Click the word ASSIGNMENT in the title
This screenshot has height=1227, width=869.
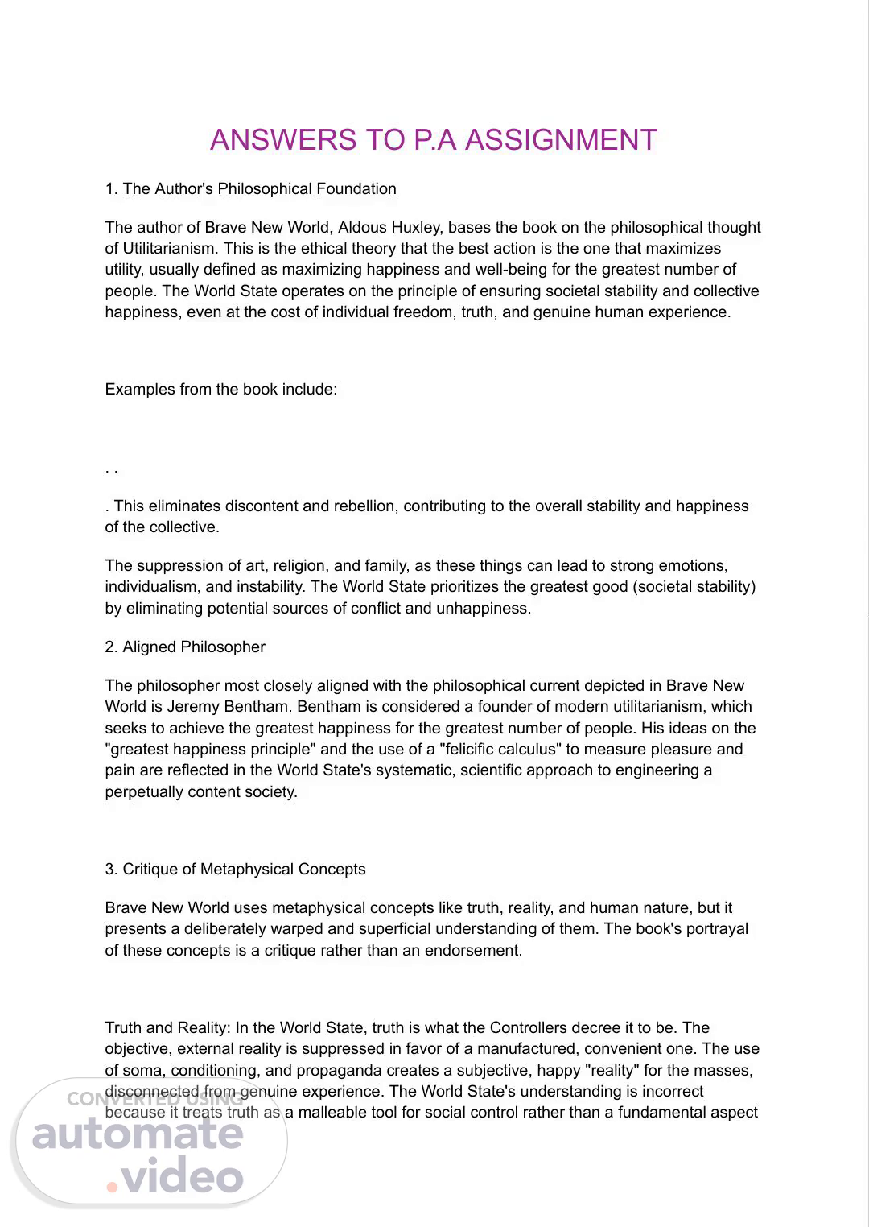pyautogui.click(x=561, y=140)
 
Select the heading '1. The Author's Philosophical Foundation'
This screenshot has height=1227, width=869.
pyautogui.click(x=250, y=189)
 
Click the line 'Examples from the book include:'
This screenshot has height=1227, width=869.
pyautogui.click(x=220, y=390)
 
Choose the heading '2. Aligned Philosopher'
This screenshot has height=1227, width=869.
pyautogui.click(x=184, y=647)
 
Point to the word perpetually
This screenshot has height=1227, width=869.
pyautogui.click(x=144, y=792)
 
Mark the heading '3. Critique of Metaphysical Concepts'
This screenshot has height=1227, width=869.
pyautogui.click(x=235, y=870)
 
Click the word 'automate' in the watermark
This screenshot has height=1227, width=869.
pyautogui.click(x=138, y=1134)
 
